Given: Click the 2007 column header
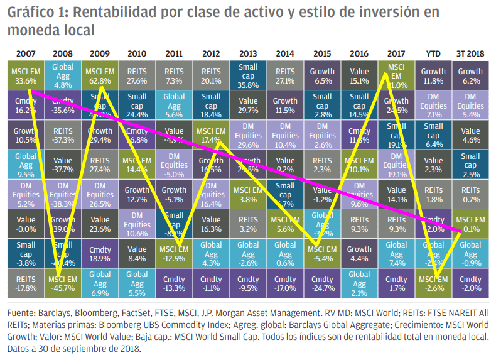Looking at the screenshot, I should click(x=24, y=53).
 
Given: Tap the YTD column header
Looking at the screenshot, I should click(x=433, y=53).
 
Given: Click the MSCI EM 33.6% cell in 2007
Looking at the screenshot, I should click(x=24, y=75).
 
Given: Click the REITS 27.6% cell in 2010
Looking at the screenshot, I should click(x=136, y=75).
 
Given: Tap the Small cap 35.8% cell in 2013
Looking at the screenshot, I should click(x=248, y=75).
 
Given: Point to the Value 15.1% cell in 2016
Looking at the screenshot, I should click(x=359, y=75).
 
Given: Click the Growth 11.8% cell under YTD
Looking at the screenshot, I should click(x=433, y=75).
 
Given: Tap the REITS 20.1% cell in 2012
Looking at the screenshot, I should click(x=210, y=75).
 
